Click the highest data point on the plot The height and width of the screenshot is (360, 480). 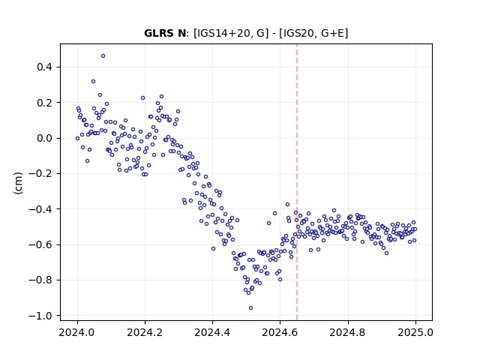[x=103, y=56]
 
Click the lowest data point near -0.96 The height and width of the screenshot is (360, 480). [x=250, y=308]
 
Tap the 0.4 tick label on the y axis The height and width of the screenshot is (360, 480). [x=44, y=67]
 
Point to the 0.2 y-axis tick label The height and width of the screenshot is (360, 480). [x=44, y=103]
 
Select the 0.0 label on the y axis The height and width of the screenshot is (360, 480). [x=44, y=138]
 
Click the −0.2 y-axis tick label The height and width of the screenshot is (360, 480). [x=40, y=173]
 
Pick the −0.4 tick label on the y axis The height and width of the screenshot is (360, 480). [x=40, y=209]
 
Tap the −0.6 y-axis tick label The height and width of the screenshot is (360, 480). [x=40, y=244]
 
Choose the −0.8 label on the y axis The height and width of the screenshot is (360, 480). [x=40, y=280]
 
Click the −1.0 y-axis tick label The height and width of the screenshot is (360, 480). [x=40, y=316]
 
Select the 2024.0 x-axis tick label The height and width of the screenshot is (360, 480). [x=77, y=332]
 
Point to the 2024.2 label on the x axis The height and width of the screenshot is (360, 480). [x=145, y=332]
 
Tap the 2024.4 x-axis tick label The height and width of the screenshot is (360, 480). [x=212, y=332]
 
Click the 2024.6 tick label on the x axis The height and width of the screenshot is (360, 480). [x=280, y=332]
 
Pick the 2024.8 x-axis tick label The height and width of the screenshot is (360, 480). [x=348, y=332]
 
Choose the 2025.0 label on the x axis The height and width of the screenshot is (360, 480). [x=415, y=332]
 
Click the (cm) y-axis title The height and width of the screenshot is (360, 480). [x=18, y=183]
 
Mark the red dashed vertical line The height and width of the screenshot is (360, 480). [x=297, y=182]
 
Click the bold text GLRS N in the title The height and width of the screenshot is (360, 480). [x=165, y=33]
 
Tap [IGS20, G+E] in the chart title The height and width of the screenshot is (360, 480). [x=313, y=33]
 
